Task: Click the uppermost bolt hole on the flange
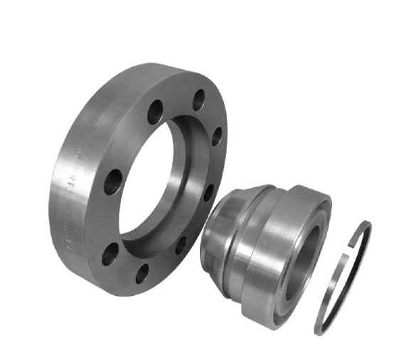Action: (x=198, y=100)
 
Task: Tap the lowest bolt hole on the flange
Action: (x=142, y=273)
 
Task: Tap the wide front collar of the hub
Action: (x=281, y=242)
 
